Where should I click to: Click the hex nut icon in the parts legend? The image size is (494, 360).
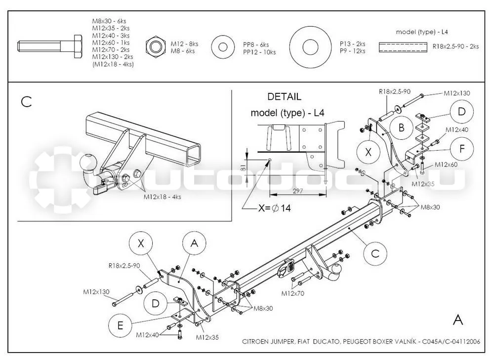pos(156,47)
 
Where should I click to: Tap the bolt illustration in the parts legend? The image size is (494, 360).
pos(50,46)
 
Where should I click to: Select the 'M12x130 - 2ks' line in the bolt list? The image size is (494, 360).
pos(113,57)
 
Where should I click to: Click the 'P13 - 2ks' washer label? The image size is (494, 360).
pos(352,44)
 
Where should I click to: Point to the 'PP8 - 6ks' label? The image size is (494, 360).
pos(256,45)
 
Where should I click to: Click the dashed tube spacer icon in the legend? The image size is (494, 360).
pos(403,47)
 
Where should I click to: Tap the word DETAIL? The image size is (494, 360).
pos(284,97)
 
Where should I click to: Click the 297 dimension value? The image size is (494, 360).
pos(298,191)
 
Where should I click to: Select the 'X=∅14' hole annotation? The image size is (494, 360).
pos(274,208)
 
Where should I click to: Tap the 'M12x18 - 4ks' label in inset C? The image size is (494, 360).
pos(162,197)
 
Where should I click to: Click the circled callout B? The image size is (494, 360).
pos(401,127)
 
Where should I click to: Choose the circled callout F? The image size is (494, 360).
pos(462,149)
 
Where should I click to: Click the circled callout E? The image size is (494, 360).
pos(120,325)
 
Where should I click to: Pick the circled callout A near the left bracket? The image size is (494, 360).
pos(194,243)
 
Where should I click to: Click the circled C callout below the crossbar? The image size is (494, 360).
pos(375,253)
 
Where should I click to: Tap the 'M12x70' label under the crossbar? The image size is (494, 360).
pos(292,293)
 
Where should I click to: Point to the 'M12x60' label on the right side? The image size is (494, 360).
pos(446,164)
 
